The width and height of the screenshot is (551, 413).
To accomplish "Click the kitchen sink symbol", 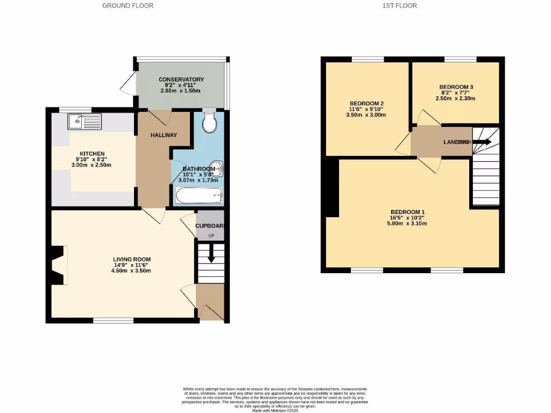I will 84,122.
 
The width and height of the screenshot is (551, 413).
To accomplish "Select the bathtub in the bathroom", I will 199,196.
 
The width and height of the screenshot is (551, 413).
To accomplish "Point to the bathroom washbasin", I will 217,170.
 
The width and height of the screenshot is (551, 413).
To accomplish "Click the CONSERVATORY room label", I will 181,80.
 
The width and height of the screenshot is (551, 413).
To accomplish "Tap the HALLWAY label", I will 164,135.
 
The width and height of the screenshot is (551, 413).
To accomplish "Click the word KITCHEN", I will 92,154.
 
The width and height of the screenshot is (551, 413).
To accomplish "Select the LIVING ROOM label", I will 132,260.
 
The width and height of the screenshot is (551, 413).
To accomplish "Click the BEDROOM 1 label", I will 407,212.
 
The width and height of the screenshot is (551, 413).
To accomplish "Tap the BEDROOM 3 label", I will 456,87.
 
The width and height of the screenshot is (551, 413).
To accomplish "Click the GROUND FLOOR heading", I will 128,5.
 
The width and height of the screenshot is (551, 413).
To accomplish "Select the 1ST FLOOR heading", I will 399,5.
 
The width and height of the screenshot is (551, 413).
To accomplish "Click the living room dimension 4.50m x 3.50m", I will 132,270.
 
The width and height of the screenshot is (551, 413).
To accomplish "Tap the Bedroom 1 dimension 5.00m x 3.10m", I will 407,223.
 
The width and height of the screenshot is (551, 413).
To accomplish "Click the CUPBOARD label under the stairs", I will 210,226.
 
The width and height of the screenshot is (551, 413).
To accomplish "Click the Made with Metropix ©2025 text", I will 275,410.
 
